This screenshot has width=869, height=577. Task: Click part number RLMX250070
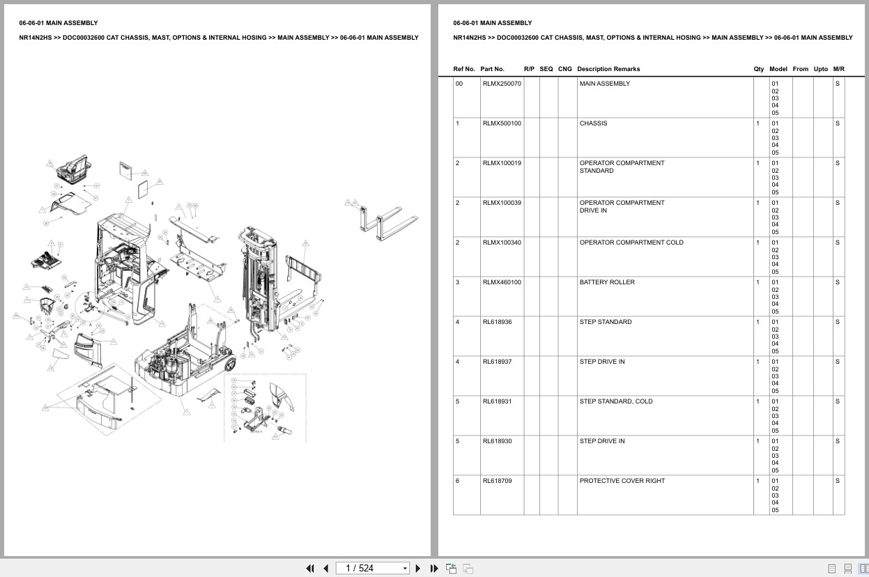coord(502,84)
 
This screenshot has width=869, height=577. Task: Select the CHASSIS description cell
coord(593,123)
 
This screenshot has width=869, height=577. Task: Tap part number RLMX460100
coord(502,282)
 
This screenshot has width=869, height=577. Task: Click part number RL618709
coord(497,481)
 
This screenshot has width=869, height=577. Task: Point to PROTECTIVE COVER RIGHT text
coord(622,481)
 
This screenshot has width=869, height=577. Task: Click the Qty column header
coord(758,69)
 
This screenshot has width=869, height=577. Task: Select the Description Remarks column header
coord(608,69)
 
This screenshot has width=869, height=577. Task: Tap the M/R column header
coord(838,69)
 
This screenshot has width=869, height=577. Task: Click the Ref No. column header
coord(464,69)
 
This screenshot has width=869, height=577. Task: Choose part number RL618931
coord(497,401)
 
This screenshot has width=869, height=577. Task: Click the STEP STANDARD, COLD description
coord(616,401)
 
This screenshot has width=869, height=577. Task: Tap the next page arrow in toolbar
coord(418,568)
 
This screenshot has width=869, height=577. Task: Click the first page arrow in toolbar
coord(310,568)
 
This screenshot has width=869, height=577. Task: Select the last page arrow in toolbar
coord(434,568)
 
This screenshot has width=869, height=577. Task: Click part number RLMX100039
coord(502,203)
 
